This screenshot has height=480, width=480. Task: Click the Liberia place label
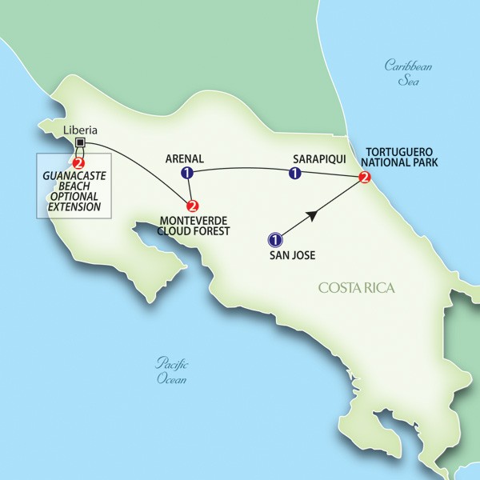pos(80,127)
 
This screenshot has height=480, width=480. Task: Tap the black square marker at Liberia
pos(80,143)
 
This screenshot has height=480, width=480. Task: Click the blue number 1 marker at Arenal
pos(187,173)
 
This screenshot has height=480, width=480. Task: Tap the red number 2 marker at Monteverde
pos(192,205)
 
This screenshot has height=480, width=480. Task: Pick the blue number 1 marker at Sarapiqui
pos(294,172)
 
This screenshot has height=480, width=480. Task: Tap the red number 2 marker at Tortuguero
pos(365,178)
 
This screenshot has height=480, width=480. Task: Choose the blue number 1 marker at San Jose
pos(274,238)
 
